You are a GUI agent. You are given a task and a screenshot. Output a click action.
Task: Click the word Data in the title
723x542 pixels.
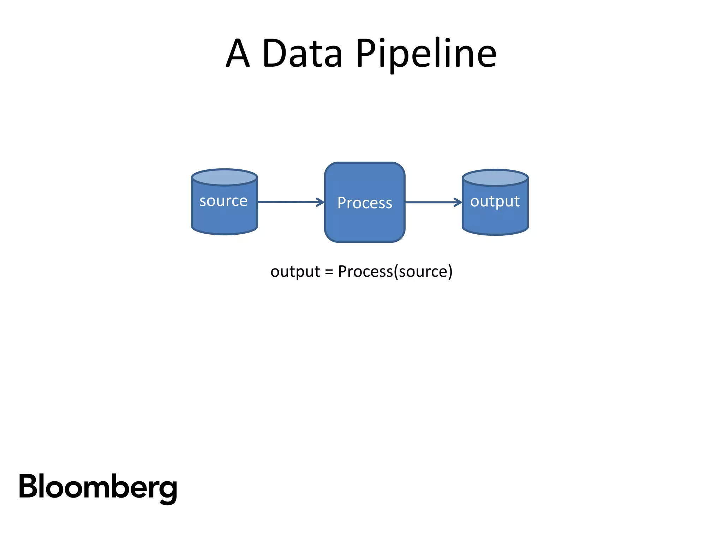click(x=302, y=54)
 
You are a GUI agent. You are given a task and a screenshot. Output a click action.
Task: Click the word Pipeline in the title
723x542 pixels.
click(x=426, y=54)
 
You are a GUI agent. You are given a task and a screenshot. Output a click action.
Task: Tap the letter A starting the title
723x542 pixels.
click(x=238, y=54)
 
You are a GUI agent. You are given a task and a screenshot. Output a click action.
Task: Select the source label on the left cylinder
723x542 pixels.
click(x=223, y=201)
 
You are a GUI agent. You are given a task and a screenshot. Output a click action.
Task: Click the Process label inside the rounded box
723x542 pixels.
click(x=365, y=203)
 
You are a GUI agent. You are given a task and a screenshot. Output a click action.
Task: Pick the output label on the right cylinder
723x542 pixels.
click(x=495, y=201)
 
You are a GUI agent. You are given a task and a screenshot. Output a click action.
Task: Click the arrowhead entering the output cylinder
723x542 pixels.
click(x=458, y=202)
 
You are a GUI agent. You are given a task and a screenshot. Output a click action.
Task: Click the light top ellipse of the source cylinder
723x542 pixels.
click(x=224, y=177)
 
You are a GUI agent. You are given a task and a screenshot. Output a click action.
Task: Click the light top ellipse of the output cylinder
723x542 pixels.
click(x=495, y=178)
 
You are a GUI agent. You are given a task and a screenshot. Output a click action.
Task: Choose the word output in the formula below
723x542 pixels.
click(x=295, y=272)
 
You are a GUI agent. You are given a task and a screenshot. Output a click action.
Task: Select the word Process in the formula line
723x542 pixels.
click(x=365, y=272)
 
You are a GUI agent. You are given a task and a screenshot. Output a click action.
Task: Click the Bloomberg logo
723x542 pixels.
click(x=98, y=487)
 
